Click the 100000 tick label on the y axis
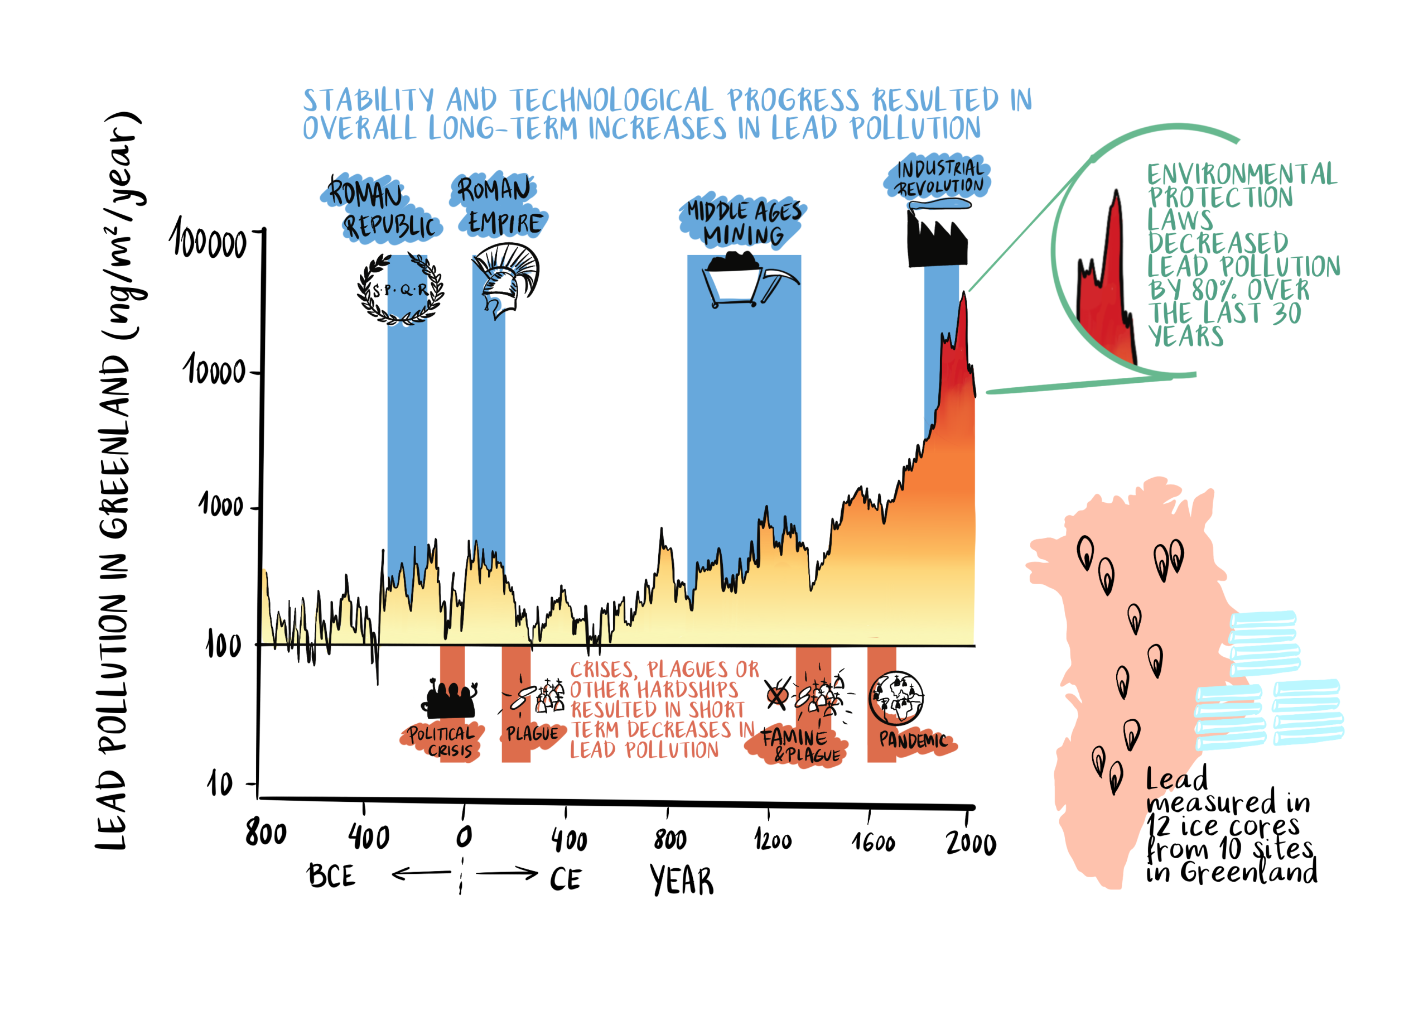point(209,240)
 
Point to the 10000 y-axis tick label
point(215,371)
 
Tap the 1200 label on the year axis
point(773,841)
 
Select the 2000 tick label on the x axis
point(971,843)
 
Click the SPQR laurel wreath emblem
point(401,290)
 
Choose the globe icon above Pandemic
point(896,698)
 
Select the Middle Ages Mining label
point(743,223)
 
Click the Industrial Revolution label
point(939,177)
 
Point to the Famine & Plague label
point(799,746)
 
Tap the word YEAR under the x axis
point(682,880)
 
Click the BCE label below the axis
point(331,876)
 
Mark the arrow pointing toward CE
point(507,873)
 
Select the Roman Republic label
point(380,209)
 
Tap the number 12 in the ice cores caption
point(1158,828)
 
